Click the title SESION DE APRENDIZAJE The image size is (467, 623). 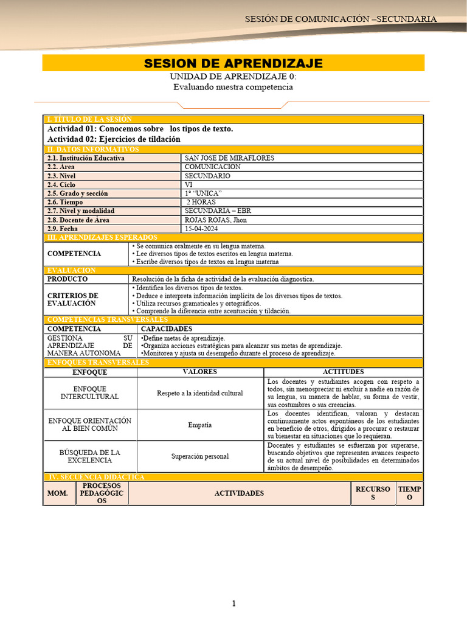point(233,64)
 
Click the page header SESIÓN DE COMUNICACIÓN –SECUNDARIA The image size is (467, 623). point(341,19)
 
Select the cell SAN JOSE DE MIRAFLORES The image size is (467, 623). point(229,158)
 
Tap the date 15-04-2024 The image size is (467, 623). point(202,229)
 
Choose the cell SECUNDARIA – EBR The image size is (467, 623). point(218,211)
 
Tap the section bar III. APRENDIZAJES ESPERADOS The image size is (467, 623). point(102,237)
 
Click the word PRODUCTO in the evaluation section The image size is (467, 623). point(67,279)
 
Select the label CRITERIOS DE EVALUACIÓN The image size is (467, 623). point(72,299)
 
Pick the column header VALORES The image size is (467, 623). point(199,372)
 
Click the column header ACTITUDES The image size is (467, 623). point(343,372)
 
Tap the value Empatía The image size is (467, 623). point(199,425)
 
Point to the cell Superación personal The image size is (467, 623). point(199,456)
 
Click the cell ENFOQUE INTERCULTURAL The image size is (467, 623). point(89,393)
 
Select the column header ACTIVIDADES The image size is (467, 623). point(239,493)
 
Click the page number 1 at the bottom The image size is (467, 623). point(233,603)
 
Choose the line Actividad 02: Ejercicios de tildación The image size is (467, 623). point(114,139)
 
